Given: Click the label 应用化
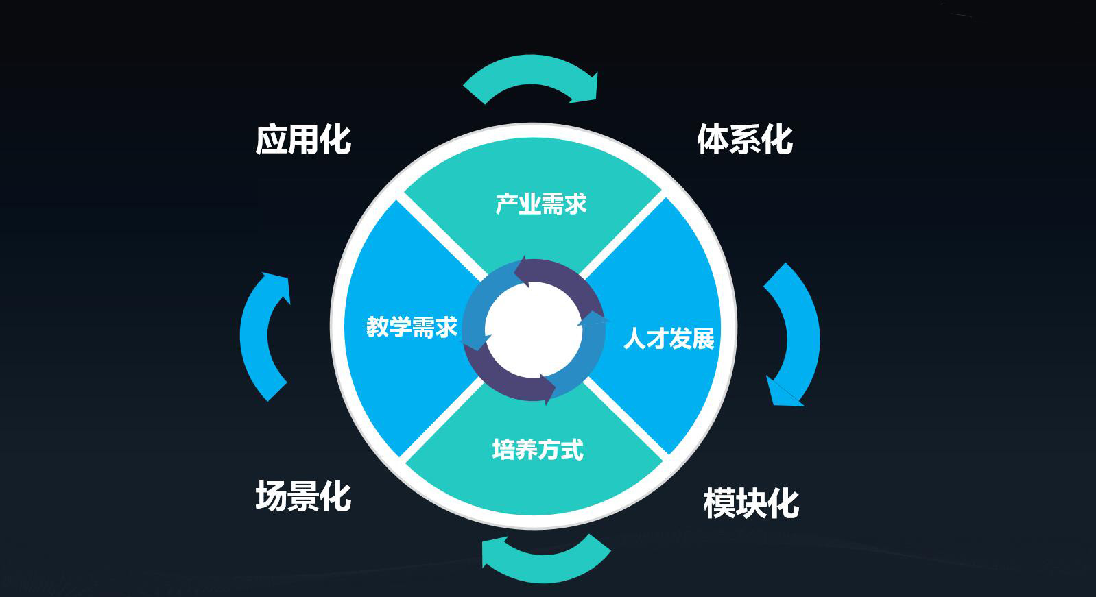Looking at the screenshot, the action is coord(303,140).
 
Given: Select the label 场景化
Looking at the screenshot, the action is coord(303,496).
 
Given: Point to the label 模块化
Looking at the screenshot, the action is coord(751,503).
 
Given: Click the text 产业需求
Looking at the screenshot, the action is coord(540,204).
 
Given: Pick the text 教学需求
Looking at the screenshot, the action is coord(412,327).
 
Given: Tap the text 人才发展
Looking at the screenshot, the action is coord(669,339).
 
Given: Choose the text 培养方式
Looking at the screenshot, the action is coord(538,450).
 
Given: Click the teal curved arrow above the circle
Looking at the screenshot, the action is coord(531,69).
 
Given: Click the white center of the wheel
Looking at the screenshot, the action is coord(534,331).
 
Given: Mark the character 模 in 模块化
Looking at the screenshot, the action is coord(719,503).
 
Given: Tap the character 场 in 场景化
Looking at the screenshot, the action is coord(271,496).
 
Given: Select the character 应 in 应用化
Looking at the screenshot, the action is coord(271,140).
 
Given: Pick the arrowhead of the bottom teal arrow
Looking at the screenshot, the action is coord(495,552).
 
